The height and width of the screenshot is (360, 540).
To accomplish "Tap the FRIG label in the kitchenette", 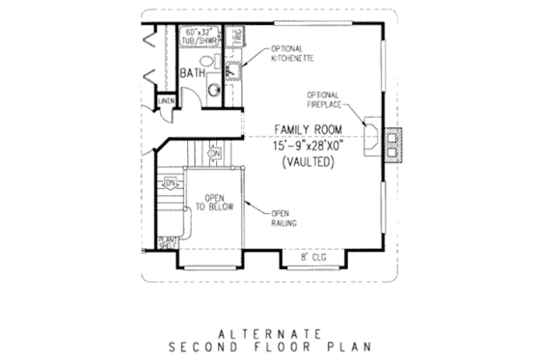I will click(x=236, y=37).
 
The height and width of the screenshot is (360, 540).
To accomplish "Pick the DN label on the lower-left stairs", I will click(x=170, y=181).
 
